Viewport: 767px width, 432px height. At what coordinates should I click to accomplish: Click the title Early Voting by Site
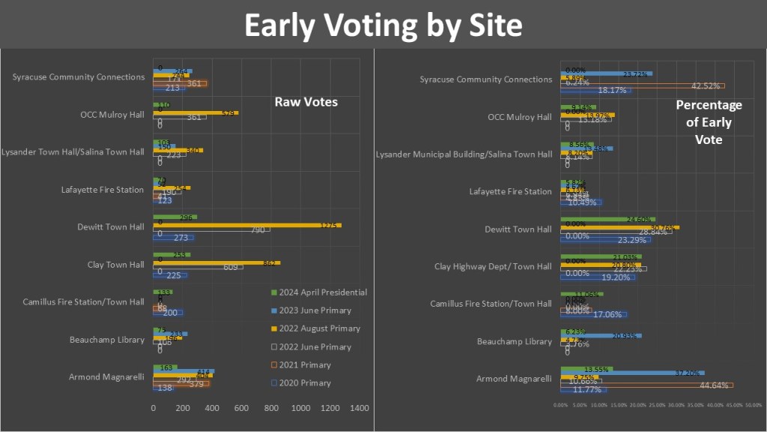[383, 25]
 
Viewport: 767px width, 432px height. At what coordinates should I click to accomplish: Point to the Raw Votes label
[306, 101]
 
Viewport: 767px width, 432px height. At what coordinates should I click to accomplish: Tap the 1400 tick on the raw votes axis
[359, 408]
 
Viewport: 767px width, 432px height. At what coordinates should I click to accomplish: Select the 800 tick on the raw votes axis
[270, 408]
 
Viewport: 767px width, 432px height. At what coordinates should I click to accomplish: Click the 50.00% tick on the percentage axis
[753, 405]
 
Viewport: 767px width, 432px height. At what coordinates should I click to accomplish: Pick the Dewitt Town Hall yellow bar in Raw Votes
[247, 226]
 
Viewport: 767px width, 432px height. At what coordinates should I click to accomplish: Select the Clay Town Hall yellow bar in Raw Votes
[216, 262]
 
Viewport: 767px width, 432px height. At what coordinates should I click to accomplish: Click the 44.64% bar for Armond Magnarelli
[646, 385]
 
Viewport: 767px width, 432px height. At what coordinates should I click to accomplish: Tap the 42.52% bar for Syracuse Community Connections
[642, 85]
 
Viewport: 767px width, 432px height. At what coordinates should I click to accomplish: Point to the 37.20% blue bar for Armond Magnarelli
[632, 373]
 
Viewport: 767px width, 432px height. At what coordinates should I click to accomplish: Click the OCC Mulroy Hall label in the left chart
[112, 115]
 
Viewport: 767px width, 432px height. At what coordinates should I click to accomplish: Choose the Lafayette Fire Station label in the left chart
[103, 190]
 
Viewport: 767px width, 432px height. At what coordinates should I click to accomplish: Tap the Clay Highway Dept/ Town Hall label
[493, 266]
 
